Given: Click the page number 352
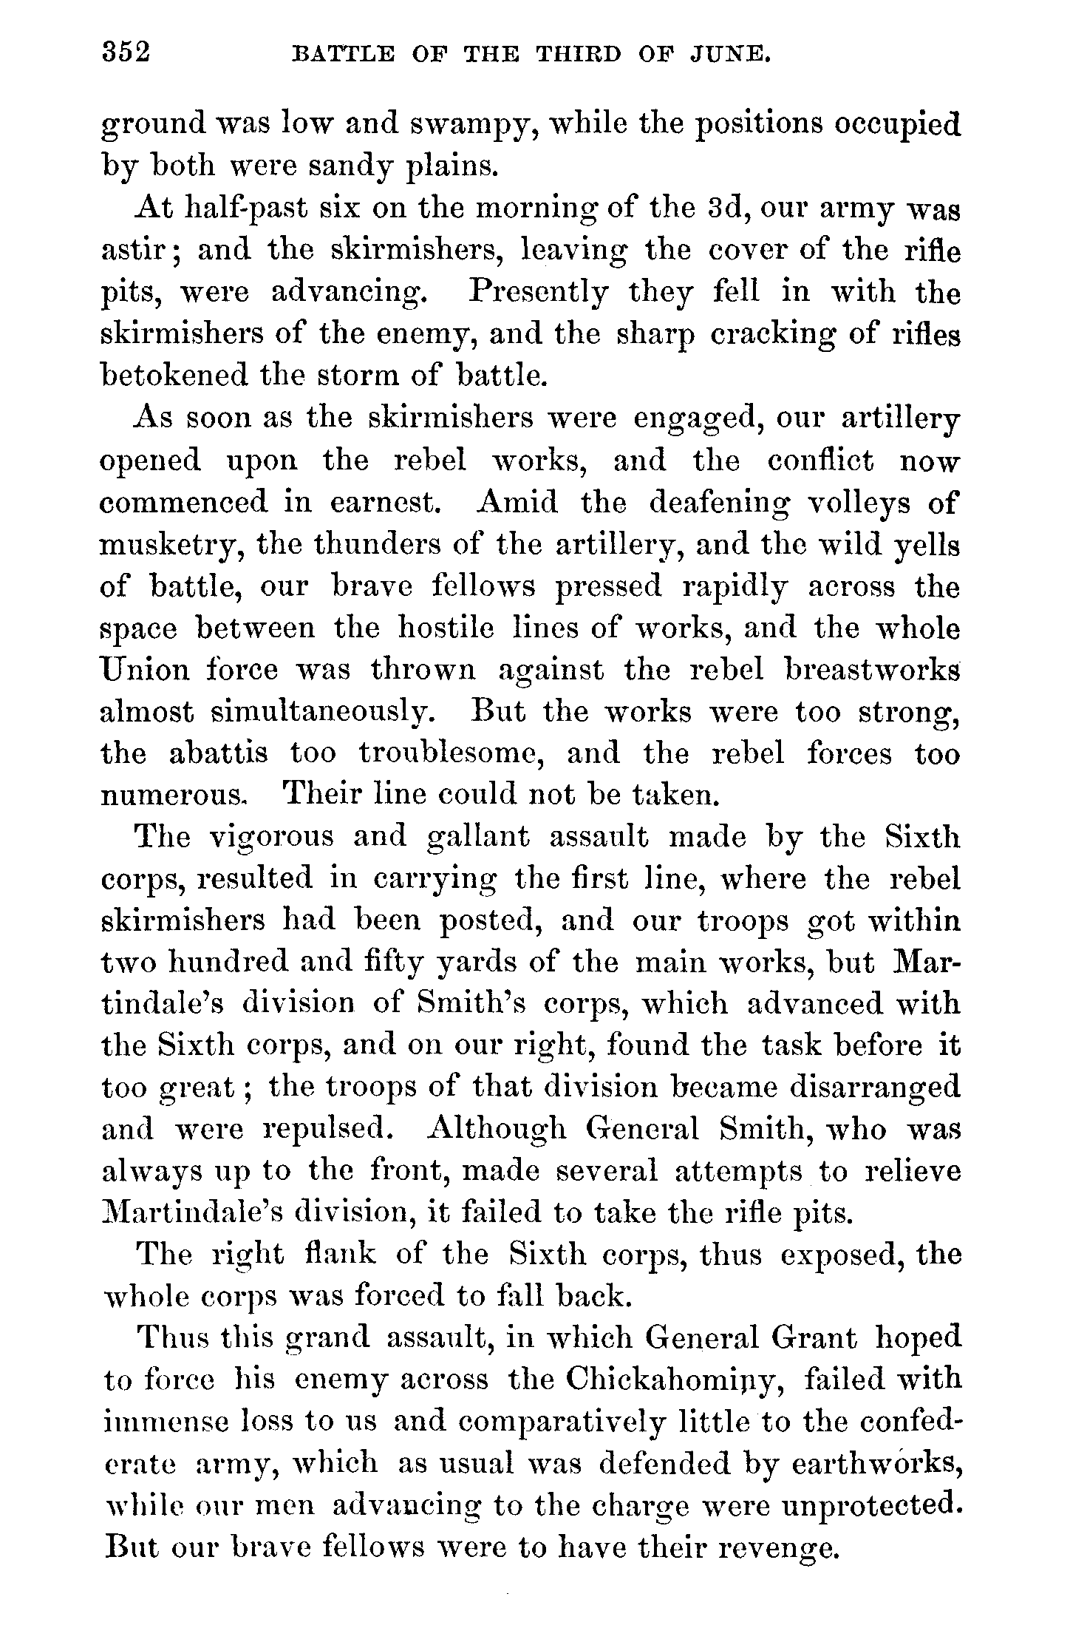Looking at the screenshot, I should click(x=126, y=54).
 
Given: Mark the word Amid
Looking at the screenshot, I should click(x=518, y=502).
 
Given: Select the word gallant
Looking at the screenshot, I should click(x=479, y=836).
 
